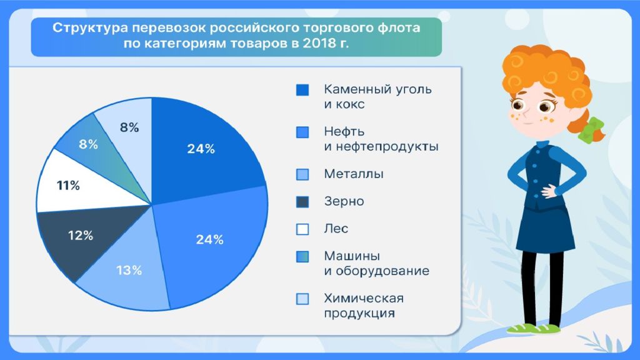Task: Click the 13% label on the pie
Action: [x=129, y=270]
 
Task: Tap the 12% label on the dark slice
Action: [x=81, y=236]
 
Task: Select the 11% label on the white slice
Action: [x=68, y=186]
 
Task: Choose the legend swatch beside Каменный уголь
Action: [x=302, y=90]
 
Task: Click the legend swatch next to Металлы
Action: [x=302, y=174]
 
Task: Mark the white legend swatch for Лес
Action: [x=302, y=229]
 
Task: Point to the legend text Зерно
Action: [x=344, y=201]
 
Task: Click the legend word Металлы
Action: [x=354, y=174]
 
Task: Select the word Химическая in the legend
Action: [x=364, y=298]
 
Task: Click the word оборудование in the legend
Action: [x=382, y=271]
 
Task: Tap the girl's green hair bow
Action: [x=591, y=131]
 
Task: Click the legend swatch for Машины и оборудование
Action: [x=302, y=256]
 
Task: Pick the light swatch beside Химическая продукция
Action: [x=302, y=299]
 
